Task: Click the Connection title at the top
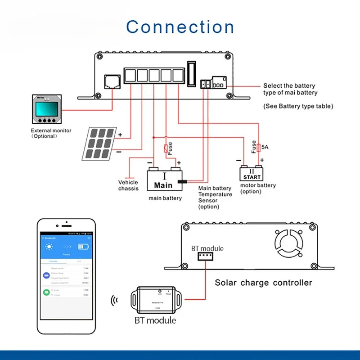click(x=180, y=27)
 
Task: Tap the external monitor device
click(x=45, y=110)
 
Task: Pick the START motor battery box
click(x=252, y=174)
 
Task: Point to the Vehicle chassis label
click(x=128, y=185)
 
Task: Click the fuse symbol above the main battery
click(x=166, y=148)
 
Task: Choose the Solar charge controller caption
click(x=263, y=283)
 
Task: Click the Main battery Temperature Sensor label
click(x=215, y=197)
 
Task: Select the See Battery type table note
click(x=298, y=106)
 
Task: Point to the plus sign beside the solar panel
click(x=120, y=135)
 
